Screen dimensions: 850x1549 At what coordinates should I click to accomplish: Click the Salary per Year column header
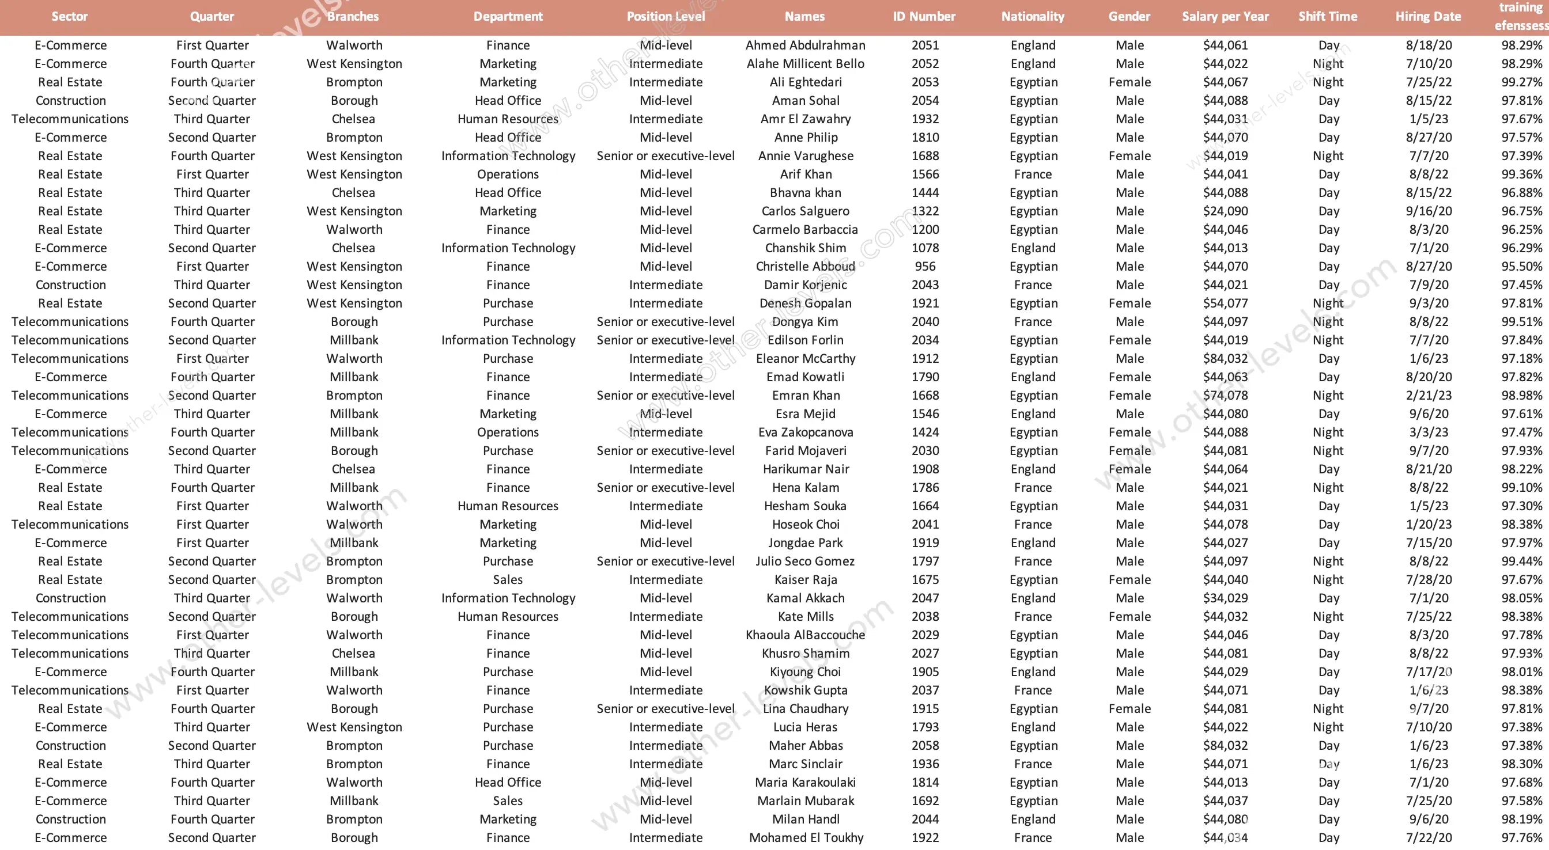(x=1225, y=16)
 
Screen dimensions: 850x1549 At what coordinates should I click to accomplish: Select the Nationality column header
(x=1033, y=16)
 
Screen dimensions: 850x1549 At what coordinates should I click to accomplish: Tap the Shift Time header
(x=1328, y=16)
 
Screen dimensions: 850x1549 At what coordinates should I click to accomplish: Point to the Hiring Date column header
(x=1428, y=16)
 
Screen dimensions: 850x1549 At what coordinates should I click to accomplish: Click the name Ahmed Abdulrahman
(x=805, y=45)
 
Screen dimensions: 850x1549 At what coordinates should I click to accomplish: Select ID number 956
(x=925, y=266)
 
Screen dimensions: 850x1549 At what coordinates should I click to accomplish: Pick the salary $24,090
(x=1225, y=211)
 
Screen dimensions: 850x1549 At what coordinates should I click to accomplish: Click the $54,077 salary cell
(x=1225, y=303)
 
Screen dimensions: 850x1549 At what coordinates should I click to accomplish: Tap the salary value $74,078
(x=1225, y=395)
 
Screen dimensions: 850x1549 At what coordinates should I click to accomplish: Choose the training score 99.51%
(x=1521, y=321)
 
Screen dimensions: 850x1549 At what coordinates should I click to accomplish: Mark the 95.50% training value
(x=1521, y=266)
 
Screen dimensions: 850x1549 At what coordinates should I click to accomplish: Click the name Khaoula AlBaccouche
(x=805, y=635)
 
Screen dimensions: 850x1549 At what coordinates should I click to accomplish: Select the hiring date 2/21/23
(x=1428, y=395)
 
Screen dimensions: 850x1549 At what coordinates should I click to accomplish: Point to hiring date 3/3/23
(x=1428, y=432)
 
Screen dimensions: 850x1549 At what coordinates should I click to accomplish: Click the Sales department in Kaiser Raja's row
(x=508, y=579)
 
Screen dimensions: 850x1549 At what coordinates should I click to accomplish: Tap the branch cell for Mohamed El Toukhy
(x=354, y=837)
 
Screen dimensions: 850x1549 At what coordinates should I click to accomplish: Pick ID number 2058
(x=925, y=745)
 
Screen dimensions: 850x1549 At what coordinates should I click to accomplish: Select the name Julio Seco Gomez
(x=805, y=561)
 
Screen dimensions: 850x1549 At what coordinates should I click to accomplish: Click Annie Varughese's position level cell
(x=665, y=155)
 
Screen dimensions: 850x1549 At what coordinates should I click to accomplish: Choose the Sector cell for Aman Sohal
(x=70, y=100)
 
